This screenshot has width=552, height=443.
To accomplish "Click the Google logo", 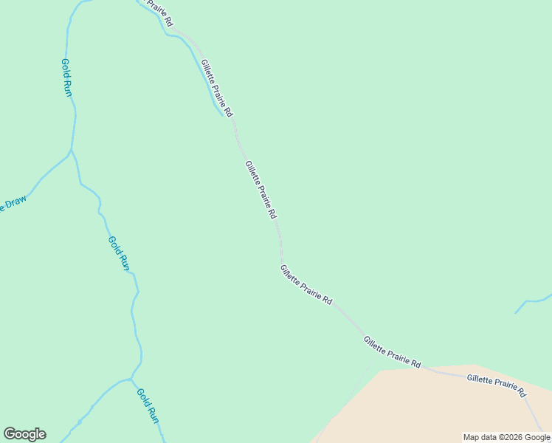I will point(24,434).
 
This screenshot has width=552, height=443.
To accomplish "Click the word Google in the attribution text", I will point(537,437).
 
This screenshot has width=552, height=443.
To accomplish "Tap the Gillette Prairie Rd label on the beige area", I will point(496,385).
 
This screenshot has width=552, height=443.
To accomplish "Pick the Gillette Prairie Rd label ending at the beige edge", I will point(392,351).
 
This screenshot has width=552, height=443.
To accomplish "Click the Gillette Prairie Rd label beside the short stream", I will point(217,89).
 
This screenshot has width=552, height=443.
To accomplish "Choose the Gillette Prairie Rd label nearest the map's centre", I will point(261,190).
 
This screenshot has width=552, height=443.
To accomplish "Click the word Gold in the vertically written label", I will point(65,68).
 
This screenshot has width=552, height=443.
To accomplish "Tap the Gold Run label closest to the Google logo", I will point(148,405).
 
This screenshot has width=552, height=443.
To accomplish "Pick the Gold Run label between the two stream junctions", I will point(119,253).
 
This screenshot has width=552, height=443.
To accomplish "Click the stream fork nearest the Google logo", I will point(131,380).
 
